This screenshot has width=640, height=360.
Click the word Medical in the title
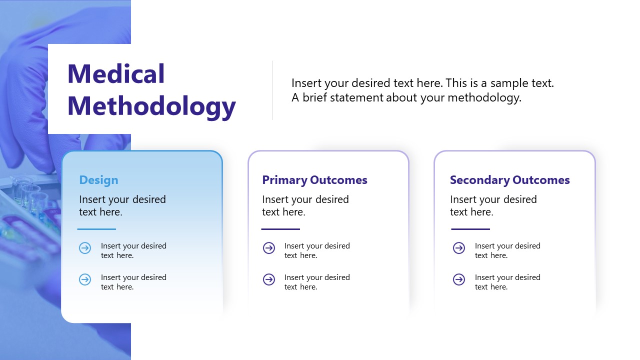tap(116, 74)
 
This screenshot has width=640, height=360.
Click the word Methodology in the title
tap(151, 106)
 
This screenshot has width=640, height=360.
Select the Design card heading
tap(98, 180)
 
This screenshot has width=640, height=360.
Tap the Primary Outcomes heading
tap(314, 180)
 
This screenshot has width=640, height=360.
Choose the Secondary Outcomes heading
tap(509, 180)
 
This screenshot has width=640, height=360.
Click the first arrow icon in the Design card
tap(85, 248)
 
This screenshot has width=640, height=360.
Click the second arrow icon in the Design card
tap(85, 279)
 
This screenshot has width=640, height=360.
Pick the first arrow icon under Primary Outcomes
tap(269, 248)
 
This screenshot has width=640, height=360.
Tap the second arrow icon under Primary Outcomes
tap(269, 279)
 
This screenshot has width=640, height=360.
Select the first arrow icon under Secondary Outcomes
tap(459, 248)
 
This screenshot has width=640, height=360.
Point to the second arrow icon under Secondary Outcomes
tap(459, 279)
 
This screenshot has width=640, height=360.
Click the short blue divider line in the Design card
tap(96, 229)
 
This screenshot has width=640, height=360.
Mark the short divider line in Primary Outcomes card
tap(280, 229)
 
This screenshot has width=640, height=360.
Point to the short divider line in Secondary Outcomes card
tap(470, 229)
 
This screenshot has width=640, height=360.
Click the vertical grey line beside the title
tap(272, 90)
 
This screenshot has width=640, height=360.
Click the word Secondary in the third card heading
tap(479, 180)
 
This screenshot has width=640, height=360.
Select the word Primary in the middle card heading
tap(284, 180)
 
